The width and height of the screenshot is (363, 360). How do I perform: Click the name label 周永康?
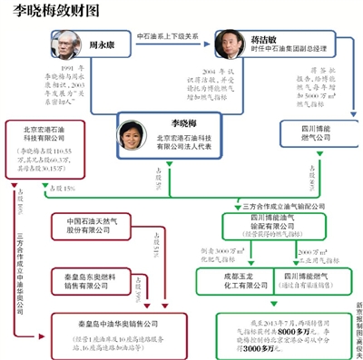(x=102, y=42)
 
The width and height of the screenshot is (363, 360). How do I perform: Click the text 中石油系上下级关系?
(x=169, y=39)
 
